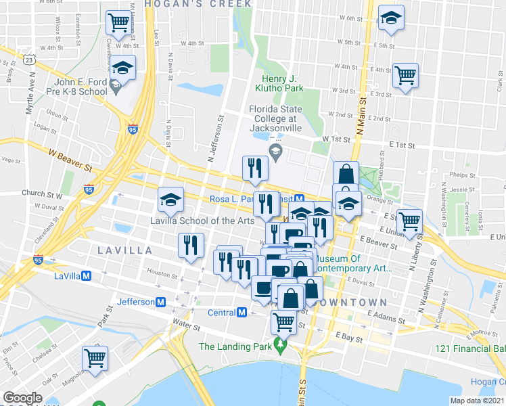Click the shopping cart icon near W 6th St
coord(119,23)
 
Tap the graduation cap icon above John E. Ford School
coord(123,68)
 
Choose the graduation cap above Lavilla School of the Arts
coord(170,199)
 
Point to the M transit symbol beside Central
coord(241,313)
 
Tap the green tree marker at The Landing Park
coord(281,346)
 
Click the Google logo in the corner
coord(22,397)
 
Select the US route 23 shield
coord(29,60)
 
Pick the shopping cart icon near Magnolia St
coord(95,358)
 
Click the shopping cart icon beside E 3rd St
coord(406,75)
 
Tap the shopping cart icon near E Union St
coord(410,221)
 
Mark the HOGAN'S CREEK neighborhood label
coord(181,4)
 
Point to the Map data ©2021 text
coord(478,401)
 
